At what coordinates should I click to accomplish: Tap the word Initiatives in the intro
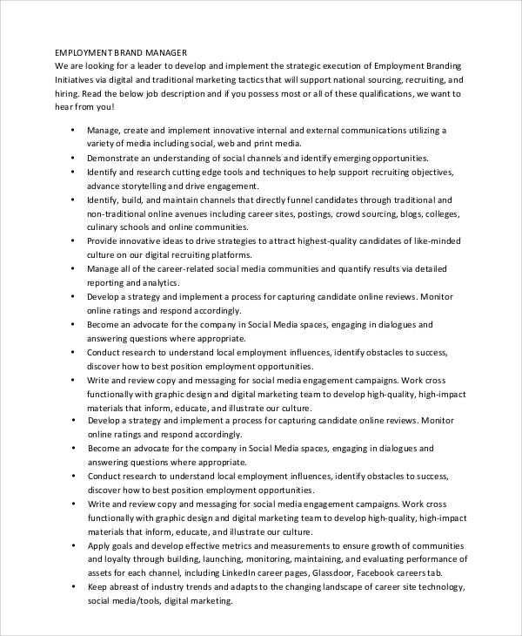click(76, 78)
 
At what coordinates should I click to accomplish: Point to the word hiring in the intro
click(68, 92)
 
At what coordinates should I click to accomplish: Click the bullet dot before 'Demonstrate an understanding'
click(70, 159)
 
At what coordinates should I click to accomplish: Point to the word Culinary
click(104, 227)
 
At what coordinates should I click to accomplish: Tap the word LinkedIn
click(249, 573)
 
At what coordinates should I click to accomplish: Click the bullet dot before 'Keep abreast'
click(70, 588)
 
